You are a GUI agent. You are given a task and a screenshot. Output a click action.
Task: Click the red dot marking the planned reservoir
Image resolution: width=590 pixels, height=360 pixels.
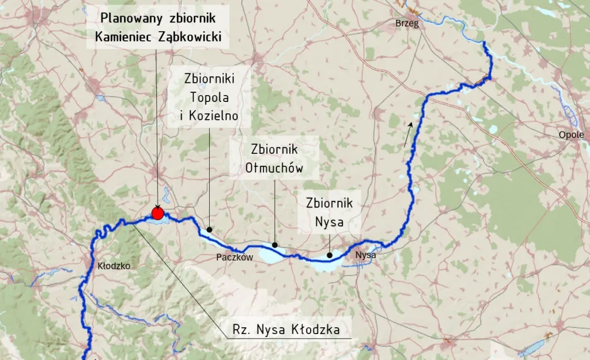coord(157,213)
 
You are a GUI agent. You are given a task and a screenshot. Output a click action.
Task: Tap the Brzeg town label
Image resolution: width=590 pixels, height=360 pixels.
coord(407,24)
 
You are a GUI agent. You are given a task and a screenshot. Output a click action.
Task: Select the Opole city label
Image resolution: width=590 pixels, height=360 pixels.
coord(571,135)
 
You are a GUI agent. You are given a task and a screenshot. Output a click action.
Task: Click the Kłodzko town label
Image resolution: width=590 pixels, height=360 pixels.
coord(114,266)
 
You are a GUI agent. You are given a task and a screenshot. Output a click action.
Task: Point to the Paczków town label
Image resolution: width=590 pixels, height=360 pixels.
coord(235,257)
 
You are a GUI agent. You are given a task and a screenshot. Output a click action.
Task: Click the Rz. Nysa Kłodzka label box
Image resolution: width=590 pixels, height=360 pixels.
coord(285,330)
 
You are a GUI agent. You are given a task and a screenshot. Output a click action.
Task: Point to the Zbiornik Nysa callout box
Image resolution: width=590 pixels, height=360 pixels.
coord(330,211)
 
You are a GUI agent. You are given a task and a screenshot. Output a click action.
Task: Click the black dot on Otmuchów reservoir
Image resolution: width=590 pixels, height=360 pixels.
coord(275,245)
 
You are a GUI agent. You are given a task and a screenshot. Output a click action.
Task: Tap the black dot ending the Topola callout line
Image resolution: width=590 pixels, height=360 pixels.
coord(209,229)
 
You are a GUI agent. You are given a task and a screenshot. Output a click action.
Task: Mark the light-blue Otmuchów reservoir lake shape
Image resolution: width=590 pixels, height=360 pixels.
coord(271,255)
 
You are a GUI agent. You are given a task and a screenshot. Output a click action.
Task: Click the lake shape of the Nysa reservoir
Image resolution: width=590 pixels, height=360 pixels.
coord(326,265)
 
